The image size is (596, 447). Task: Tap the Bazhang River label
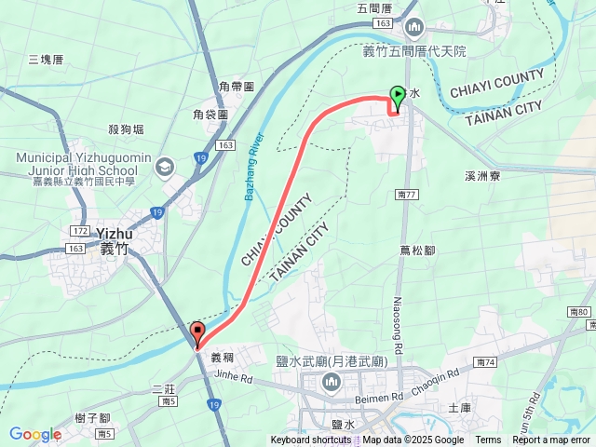pos(258,162)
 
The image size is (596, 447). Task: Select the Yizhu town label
pos(115,233)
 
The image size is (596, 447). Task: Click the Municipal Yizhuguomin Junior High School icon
pos(165,166)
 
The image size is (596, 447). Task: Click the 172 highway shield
pos(79,229)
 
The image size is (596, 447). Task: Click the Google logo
pos(35,434)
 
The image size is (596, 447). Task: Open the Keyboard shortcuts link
pos(311,440)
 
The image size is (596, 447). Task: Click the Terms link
pos(488,440)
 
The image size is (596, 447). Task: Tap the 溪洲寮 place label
pos(481,174)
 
